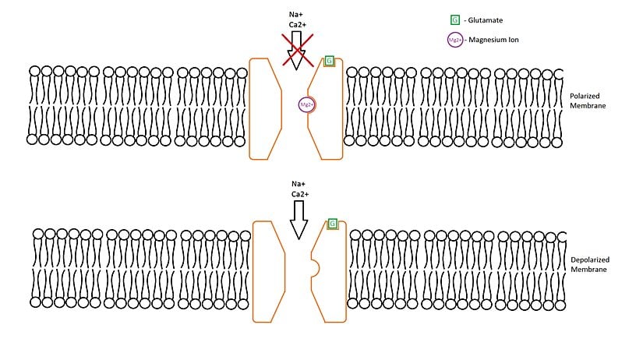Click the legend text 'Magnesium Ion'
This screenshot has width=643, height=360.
pos(494,41)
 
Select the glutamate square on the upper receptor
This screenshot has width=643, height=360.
pos(329,61)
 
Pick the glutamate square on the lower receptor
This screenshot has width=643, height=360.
pos(333,224)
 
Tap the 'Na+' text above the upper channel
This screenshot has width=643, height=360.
pos(295,13)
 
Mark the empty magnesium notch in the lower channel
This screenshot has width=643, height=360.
pos(314,269)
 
